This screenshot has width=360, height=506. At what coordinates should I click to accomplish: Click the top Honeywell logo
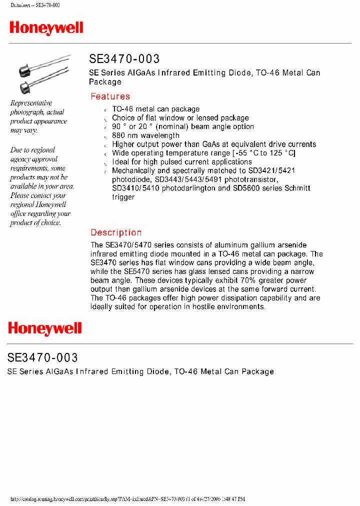point(46,28)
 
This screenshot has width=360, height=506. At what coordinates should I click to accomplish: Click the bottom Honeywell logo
point(44,328)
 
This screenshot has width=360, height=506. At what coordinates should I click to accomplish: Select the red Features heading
point(110,96)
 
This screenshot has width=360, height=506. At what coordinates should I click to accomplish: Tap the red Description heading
point(116,232)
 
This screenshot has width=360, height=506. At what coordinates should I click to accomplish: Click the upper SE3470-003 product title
point(124,59)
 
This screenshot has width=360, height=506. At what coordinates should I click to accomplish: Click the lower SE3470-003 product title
point(42,357)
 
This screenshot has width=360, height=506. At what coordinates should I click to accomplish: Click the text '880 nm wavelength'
point(145,135)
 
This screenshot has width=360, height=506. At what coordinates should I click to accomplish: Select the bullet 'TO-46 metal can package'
point(155,109)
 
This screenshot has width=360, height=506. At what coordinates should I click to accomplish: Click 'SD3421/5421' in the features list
point(271,170)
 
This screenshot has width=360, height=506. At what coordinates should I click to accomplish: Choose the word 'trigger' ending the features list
point(123,197)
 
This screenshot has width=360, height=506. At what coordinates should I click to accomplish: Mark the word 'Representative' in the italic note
point(31,103)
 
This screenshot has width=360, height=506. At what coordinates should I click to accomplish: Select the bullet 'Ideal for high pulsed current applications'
point(181,162)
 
